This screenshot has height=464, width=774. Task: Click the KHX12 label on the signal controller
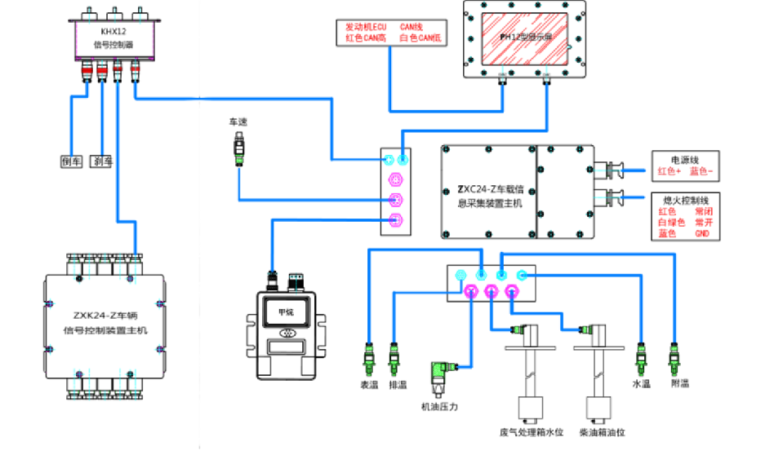pos(111,33)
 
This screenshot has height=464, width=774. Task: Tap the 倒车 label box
pos(72,161)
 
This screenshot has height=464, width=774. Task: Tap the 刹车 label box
pos(102,161)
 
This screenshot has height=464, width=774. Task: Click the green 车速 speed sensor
pos(238,152)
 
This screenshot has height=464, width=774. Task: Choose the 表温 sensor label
pos(369,383)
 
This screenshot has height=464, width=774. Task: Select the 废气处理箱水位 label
pos(532,432)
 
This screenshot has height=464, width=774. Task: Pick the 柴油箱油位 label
pos(602,432)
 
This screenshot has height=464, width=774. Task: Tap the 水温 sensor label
pos(642,383)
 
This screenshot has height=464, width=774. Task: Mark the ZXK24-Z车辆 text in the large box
pos(105,314)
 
